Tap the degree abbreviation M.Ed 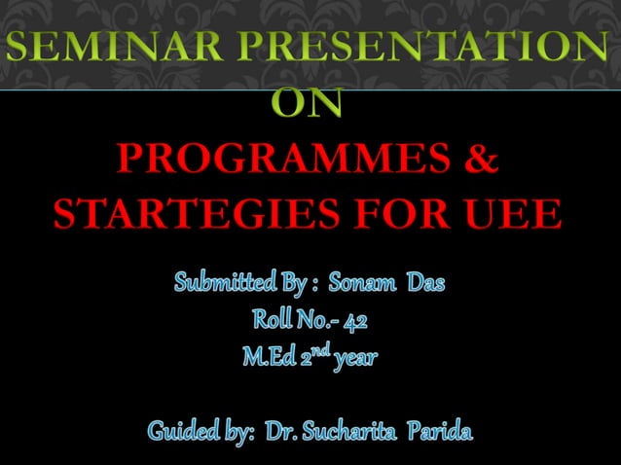pyautogui.click(x=265, y=357)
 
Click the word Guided pyautogui.click(x=182, y=430)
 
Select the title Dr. pyautogui.click(x=281, y=430)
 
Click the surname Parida pyautogui.click(x=444, y=430)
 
